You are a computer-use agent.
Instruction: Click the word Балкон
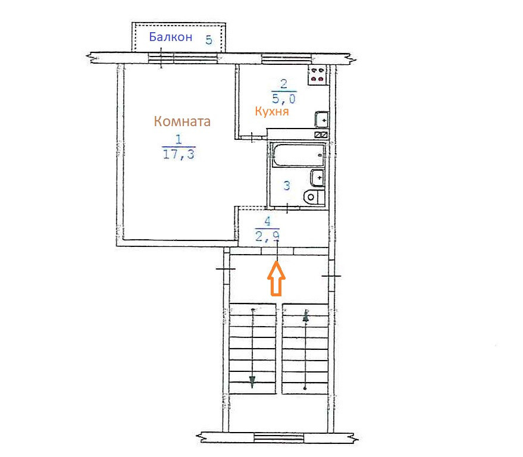tap(170, 37)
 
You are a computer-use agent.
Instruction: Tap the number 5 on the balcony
tap(209, 40)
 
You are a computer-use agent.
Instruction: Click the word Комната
tap(182, 121)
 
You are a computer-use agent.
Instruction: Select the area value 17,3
tap(178, 155)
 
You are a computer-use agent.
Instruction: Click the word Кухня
tap(272, 111)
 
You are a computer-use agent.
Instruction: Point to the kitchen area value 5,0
tap(284, 99)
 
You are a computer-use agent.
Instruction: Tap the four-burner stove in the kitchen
tap(318, 75)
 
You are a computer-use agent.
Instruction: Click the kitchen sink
tap(322, 120)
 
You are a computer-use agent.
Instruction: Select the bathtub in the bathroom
tap(298, 155)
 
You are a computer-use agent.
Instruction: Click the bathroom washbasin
tap(318, 178)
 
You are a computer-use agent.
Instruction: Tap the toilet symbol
tap(314, 197)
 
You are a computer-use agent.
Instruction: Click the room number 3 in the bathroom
tap(287, 186)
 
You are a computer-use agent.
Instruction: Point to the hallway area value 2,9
tap(267, 236)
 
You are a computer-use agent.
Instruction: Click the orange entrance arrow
tap(276, 278)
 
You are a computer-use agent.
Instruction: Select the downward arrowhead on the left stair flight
tap(252, 382)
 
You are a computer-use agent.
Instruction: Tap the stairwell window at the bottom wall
tap(279, 437)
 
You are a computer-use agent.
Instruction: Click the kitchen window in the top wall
tap(287, 59)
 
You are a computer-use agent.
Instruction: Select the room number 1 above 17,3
tap(178, 139)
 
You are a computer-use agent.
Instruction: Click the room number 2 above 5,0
tap(284, 84)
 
